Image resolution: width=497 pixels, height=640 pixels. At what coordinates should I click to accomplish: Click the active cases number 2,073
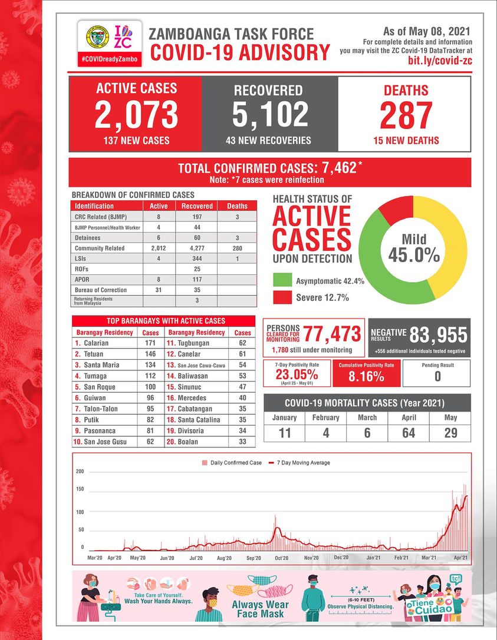[136, 114]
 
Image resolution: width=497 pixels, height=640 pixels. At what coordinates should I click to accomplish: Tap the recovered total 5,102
[270, 114]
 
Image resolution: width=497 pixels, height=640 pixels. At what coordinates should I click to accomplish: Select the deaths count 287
[406, 115]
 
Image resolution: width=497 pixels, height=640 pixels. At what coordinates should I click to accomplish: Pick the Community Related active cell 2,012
[159, 248]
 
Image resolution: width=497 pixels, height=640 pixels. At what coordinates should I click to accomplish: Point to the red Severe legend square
[283, 297]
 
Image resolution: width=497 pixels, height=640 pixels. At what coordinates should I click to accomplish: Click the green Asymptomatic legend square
[283, 281]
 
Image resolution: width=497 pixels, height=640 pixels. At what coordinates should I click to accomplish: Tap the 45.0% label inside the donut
[414, 255]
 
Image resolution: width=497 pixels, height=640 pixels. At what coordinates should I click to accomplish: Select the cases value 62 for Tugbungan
[242, 343]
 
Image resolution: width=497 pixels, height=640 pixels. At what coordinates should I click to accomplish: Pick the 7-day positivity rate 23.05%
[297, 375]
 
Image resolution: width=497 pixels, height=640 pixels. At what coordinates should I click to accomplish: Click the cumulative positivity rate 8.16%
[366, 377]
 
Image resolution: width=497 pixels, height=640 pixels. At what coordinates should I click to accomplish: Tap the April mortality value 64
[408, 433]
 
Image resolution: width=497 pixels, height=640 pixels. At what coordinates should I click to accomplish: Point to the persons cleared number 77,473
[333, 334]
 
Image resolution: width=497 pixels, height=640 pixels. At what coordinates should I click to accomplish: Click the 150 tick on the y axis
[80, 489]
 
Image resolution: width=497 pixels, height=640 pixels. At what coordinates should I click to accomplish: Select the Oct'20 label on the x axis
[281, 558]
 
